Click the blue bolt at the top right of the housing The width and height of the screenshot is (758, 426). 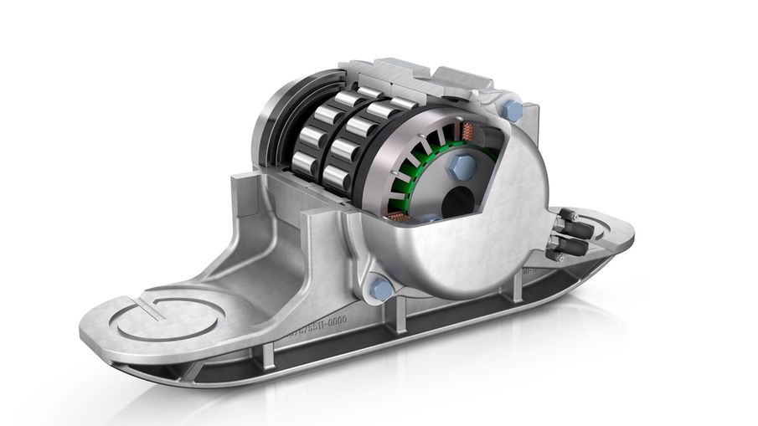tap(513, 110)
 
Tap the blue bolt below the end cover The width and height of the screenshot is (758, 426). tap(380, 290)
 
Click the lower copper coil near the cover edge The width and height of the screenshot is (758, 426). tap(400, 219)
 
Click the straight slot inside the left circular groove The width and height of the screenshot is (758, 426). tap(147, 306)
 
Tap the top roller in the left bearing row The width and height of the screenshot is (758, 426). tap(325, 94)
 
